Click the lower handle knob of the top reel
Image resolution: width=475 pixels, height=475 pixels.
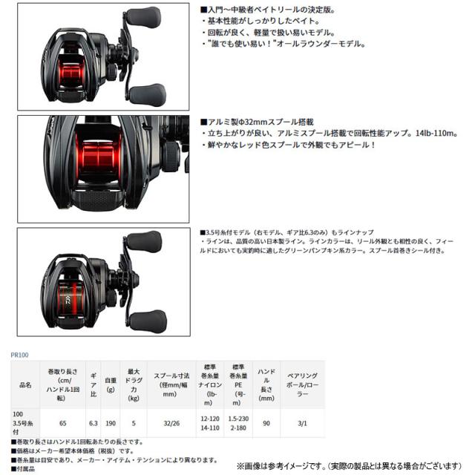[144, 93]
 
